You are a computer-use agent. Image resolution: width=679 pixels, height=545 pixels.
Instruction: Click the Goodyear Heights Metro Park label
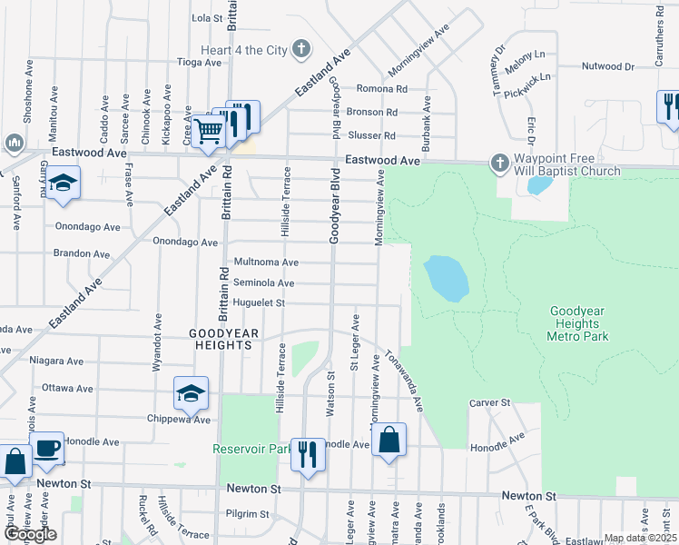[577, 323]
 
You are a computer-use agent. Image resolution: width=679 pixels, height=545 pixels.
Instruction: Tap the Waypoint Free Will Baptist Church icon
[498, 163]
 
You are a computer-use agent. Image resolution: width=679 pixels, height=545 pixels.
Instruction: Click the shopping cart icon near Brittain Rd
[209, 131]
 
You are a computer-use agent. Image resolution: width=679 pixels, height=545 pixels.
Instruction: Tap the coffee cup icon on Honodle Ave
[46, 447]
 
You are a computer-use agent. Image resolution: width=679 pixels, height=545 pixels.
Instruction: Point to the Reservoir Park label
[251, 449]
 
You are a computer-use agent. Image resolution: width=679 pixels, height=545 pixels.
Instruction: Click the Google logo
[29, 534]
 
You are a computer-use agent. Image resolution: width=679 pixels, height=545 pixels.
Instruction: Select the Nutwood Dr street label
[607, 66]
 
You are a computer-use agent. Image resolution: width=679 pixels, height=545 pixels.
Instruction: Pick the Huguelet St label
[260, 303]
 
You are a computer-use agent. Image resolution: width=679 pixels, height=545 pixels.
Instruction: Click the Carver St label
[490, 402]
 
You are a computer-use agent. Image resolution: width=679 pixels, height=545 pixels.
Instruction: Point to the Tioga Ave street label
[199, 63]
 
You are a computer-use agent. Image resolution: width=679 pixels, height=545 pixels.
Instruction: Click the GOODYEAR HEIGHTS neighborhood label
[220, 340]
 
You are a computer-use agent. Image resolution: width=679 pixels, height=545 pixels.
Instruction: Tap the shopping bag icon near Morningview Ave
[389, 441]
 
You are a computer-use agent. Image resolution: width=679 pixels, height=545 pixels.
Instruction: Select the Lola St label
[208, 17]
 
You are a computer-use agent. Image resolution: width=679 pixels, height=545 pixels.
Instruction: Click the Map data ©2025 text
[639, 538]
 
